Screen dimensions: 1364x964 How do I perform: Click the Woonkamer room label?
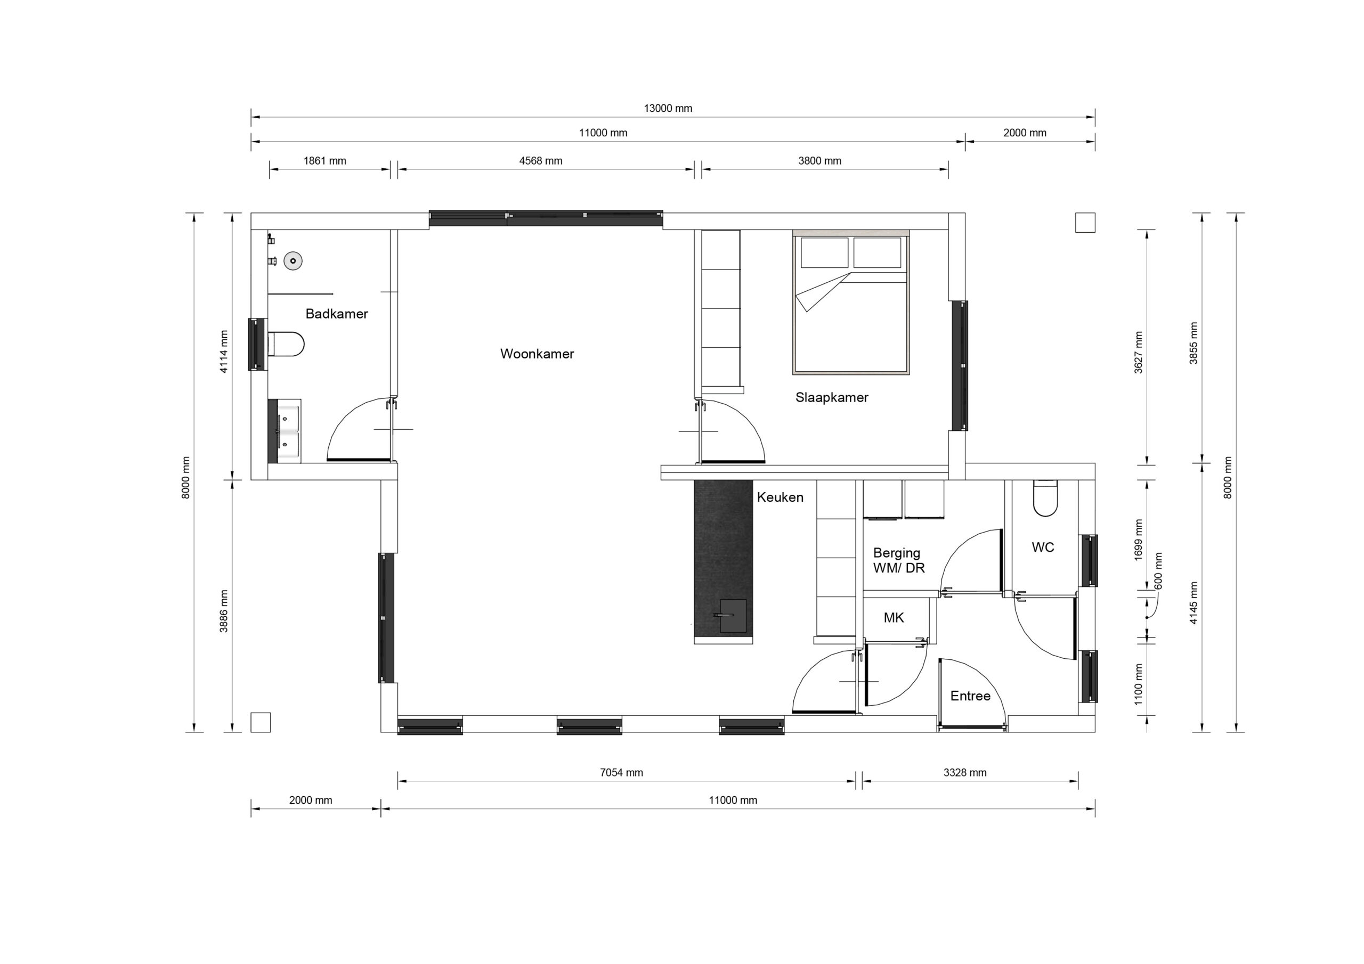pos(537,354)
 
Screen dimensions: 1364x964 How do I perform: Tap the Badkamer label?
pos(337,314)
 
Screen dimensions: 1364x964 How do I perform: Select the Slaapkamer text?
pos(832,397)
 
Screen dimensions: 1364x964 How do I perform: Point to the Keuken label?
pos(780,497)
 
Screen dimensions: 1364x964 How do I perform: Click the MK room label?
pos(894,618)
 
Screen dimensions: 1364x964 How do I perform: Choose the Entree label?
pos(970,696)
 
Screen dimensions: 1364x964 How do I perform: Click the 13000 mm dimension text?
pos(668,108)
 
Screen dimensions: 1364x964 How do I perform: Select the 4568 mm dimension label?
pos(541,160)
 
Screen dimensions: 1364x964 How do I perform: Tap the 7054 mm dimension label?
pos(621,773)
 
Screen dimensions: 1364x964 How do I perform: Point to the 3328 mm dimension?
pos(965,773)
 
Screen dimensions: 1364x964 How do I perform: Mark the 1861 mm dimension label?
pos(324,160)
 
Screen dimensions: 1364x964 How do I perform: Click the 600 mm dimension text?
pos(1158,571)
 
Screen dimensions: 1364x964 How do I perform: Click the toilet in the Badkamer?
pos(286,344)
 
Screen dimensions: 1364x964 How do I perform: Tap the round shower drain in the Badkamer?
pos(293,261)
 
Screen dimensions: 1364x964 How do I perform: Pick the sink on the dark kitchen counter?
pos(733,616)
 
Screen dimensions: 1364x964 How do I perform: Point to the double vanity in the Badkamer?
pos(285,431)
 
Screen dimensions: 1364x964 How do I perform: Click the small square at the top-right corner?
pos(1085,223)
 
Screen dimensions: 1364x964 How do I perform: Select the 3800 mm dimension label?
pos(820,160)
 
